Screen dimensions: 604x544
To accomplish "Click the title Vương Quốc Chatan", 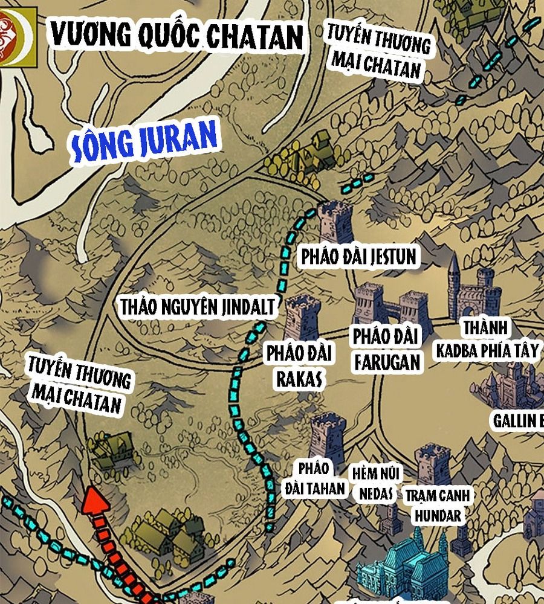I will [176, 36].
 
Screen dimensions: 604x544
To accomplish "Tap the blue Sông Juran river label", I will [144, 141].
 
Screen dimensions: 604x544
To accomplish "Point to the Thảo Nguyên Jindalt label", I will [198, 306].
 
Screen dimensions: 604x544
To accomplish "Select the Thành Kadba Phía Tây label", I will [487, 339].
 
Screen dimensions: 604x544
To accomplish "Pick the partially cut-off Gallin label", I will [518, 420].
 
